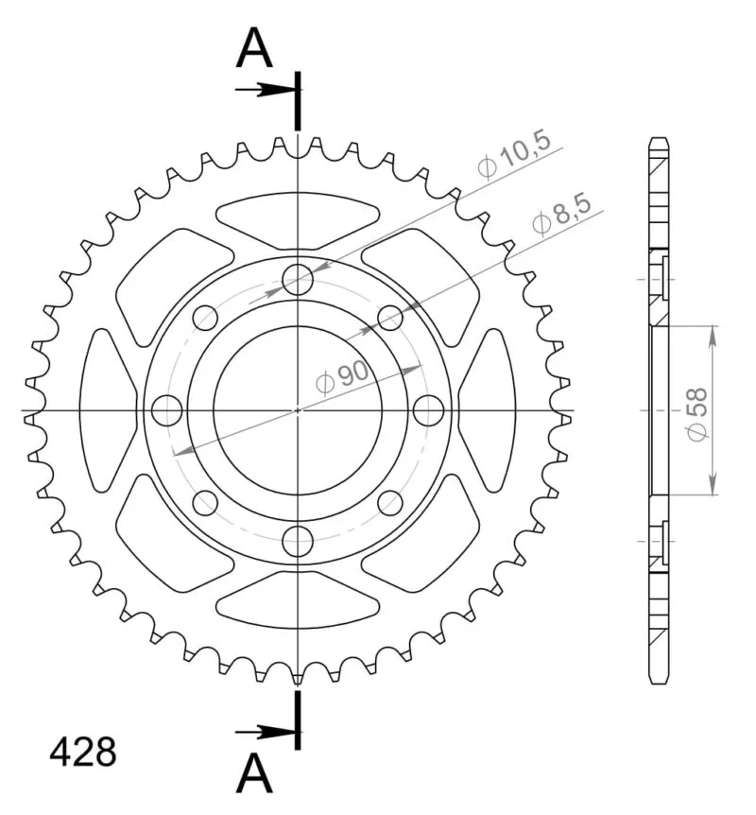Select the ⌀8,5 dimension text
tap(562, 216)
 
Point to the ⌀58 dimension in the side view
tap(696, 414)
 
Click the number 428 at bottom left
tap(83, 752)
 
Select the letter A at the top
tap(254, 48)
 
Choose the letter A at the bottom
tap(254, 773)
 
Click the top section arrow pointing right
tap(266, 90)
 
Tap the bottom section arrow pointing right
tap(266, 733)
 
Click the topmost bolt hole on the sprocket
tap(298, 280)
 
